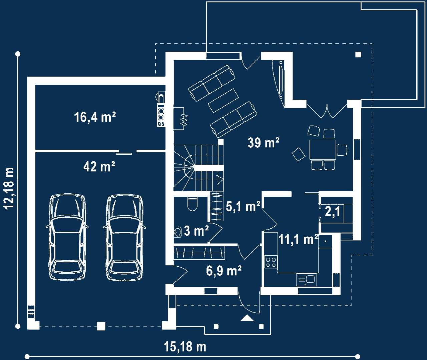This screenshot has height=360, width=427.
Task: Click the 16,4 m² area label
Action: [x=95, y=117]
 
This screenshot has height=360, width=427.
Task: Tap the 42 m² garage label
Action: [x=99, y=166]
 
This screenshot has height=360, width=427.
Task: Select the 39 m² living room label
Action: [x=264, y=142]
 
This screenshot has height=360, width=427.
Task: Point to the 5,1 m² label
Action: [x=243, y=206]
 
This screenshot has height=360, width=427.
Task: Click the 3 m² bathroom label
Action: [x=196, y=231]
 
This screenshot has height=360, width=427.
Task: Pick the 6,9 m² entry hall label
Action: [x=224, y=271]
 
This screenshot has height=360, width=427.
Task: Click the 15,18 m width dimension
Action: [x=185, y=347]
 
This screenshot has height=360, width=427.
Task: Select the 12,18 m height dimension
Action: [x=9, y=188]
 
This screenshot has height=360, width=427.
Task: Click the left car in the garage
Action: [x=67, y=237]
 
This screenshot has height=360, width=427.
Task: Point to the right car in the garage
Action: [x=124, y=237]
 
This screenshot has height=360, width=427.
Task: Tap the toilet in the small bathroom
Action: [x=192, y=204]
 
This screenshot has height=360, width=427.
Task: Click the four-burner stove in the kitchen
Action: [x=271, y=262]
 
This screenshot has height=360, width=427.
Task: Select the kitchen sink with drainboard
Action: [x=306, y=280]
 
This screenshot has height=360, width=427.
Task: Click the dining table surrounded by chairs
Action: [x=323, y=149]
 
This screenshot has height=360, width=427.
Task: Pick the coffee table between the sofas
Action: [x=223, y=101]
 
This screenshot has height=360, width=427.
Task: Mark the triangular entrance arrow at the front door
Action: [x=247, y=318]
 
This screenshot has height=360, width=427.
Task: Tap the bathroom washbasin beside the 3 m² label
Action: [x=178, y=232]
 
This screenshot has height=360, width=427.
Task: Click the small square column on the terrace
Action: [x=358, y=55]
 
